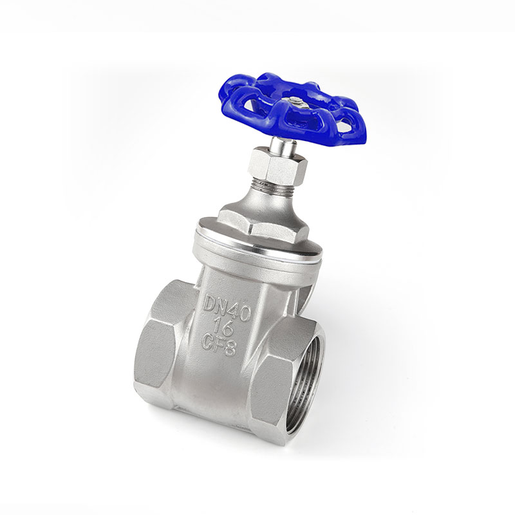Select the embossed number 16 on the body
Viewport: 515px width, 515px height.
tap(223, 326)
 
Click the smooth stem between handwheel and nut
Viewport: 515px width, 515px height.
tap(283, 146)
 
